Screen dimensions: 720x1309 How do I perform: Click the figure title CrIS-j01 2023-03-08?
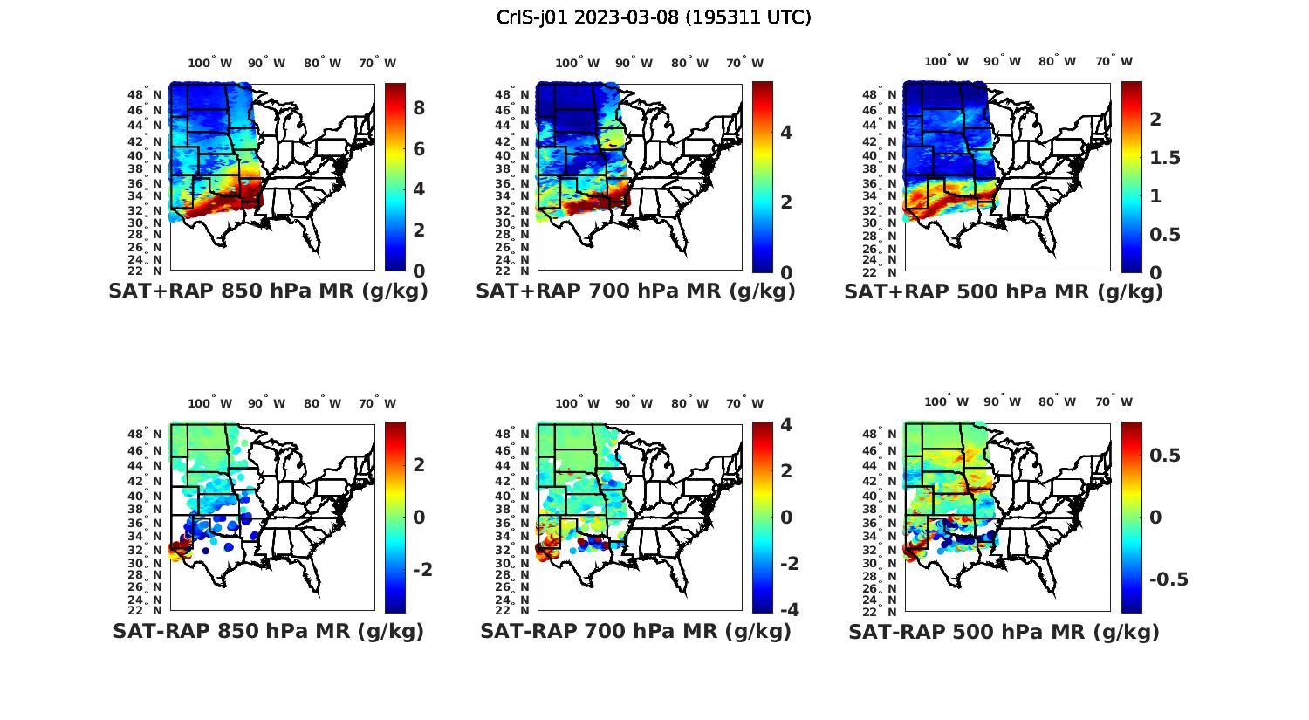tap(654, 17)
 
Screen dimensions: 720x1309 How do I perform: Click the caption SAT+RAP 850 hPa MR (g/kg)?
tap(268, 291)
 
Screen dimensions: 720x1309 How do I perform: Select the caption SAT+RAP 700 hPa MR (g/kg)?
tap(635, 291)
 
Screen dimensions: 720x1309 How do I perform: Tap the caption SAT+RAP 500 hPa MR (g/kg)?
tap(1004, 291)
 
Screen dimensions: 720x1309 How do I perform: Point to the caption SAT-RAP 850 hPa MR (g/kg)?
tap(268, 631)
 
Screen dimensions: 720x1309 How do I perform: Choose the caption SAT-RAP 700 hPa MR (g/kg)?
tap(635, 631)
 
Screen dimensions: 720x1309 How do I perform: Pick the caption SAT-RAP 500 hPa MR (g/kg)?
tap(1004, 631)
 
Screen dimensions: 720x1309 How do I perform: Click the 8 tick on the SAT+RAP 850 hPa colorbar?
tap(419, 108)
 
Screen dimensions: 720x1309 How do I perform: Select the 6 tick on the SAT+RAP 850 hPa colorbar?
tap(419, 149)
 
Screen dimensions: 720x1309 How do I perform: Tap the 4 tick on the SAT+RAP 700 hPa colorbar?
tap(785, 133)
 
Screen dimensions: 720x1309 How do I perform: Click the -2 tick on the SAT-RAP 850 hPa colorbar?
tap(422, 570)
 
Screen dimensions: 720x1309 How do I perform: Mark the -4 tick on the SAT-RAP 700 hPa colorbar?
tap(789, 609)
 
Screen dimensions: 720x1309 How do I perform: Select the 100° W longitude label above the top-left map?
tap(210, 63)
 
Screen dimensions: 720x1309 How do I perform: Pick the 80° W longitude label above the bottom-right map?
tap(1057, 401)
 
